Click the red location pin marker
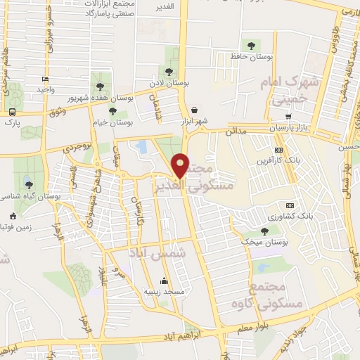pos(181,165)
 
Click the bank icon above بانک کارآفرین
pos(279,150)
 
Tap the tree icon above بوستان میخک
pos(264,230)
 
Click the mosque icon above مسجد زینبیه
pos(165,280)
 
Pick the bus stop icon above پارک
pos(12,112)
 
